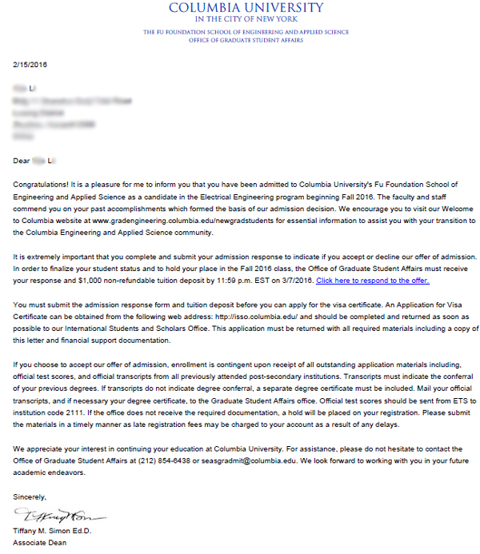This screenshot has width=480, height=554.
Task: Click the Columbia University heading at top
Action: (246, 8)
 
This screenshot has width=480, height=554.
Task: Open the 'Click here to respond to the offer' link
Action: (372, 281)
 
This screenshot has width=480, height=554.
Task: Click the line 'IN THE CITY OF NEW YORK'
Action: (246, 19)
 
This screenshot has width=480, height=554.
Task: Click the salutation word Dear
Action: (22, 161)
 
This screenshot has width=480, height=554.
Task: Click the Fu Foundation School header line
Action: (246, 32)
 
